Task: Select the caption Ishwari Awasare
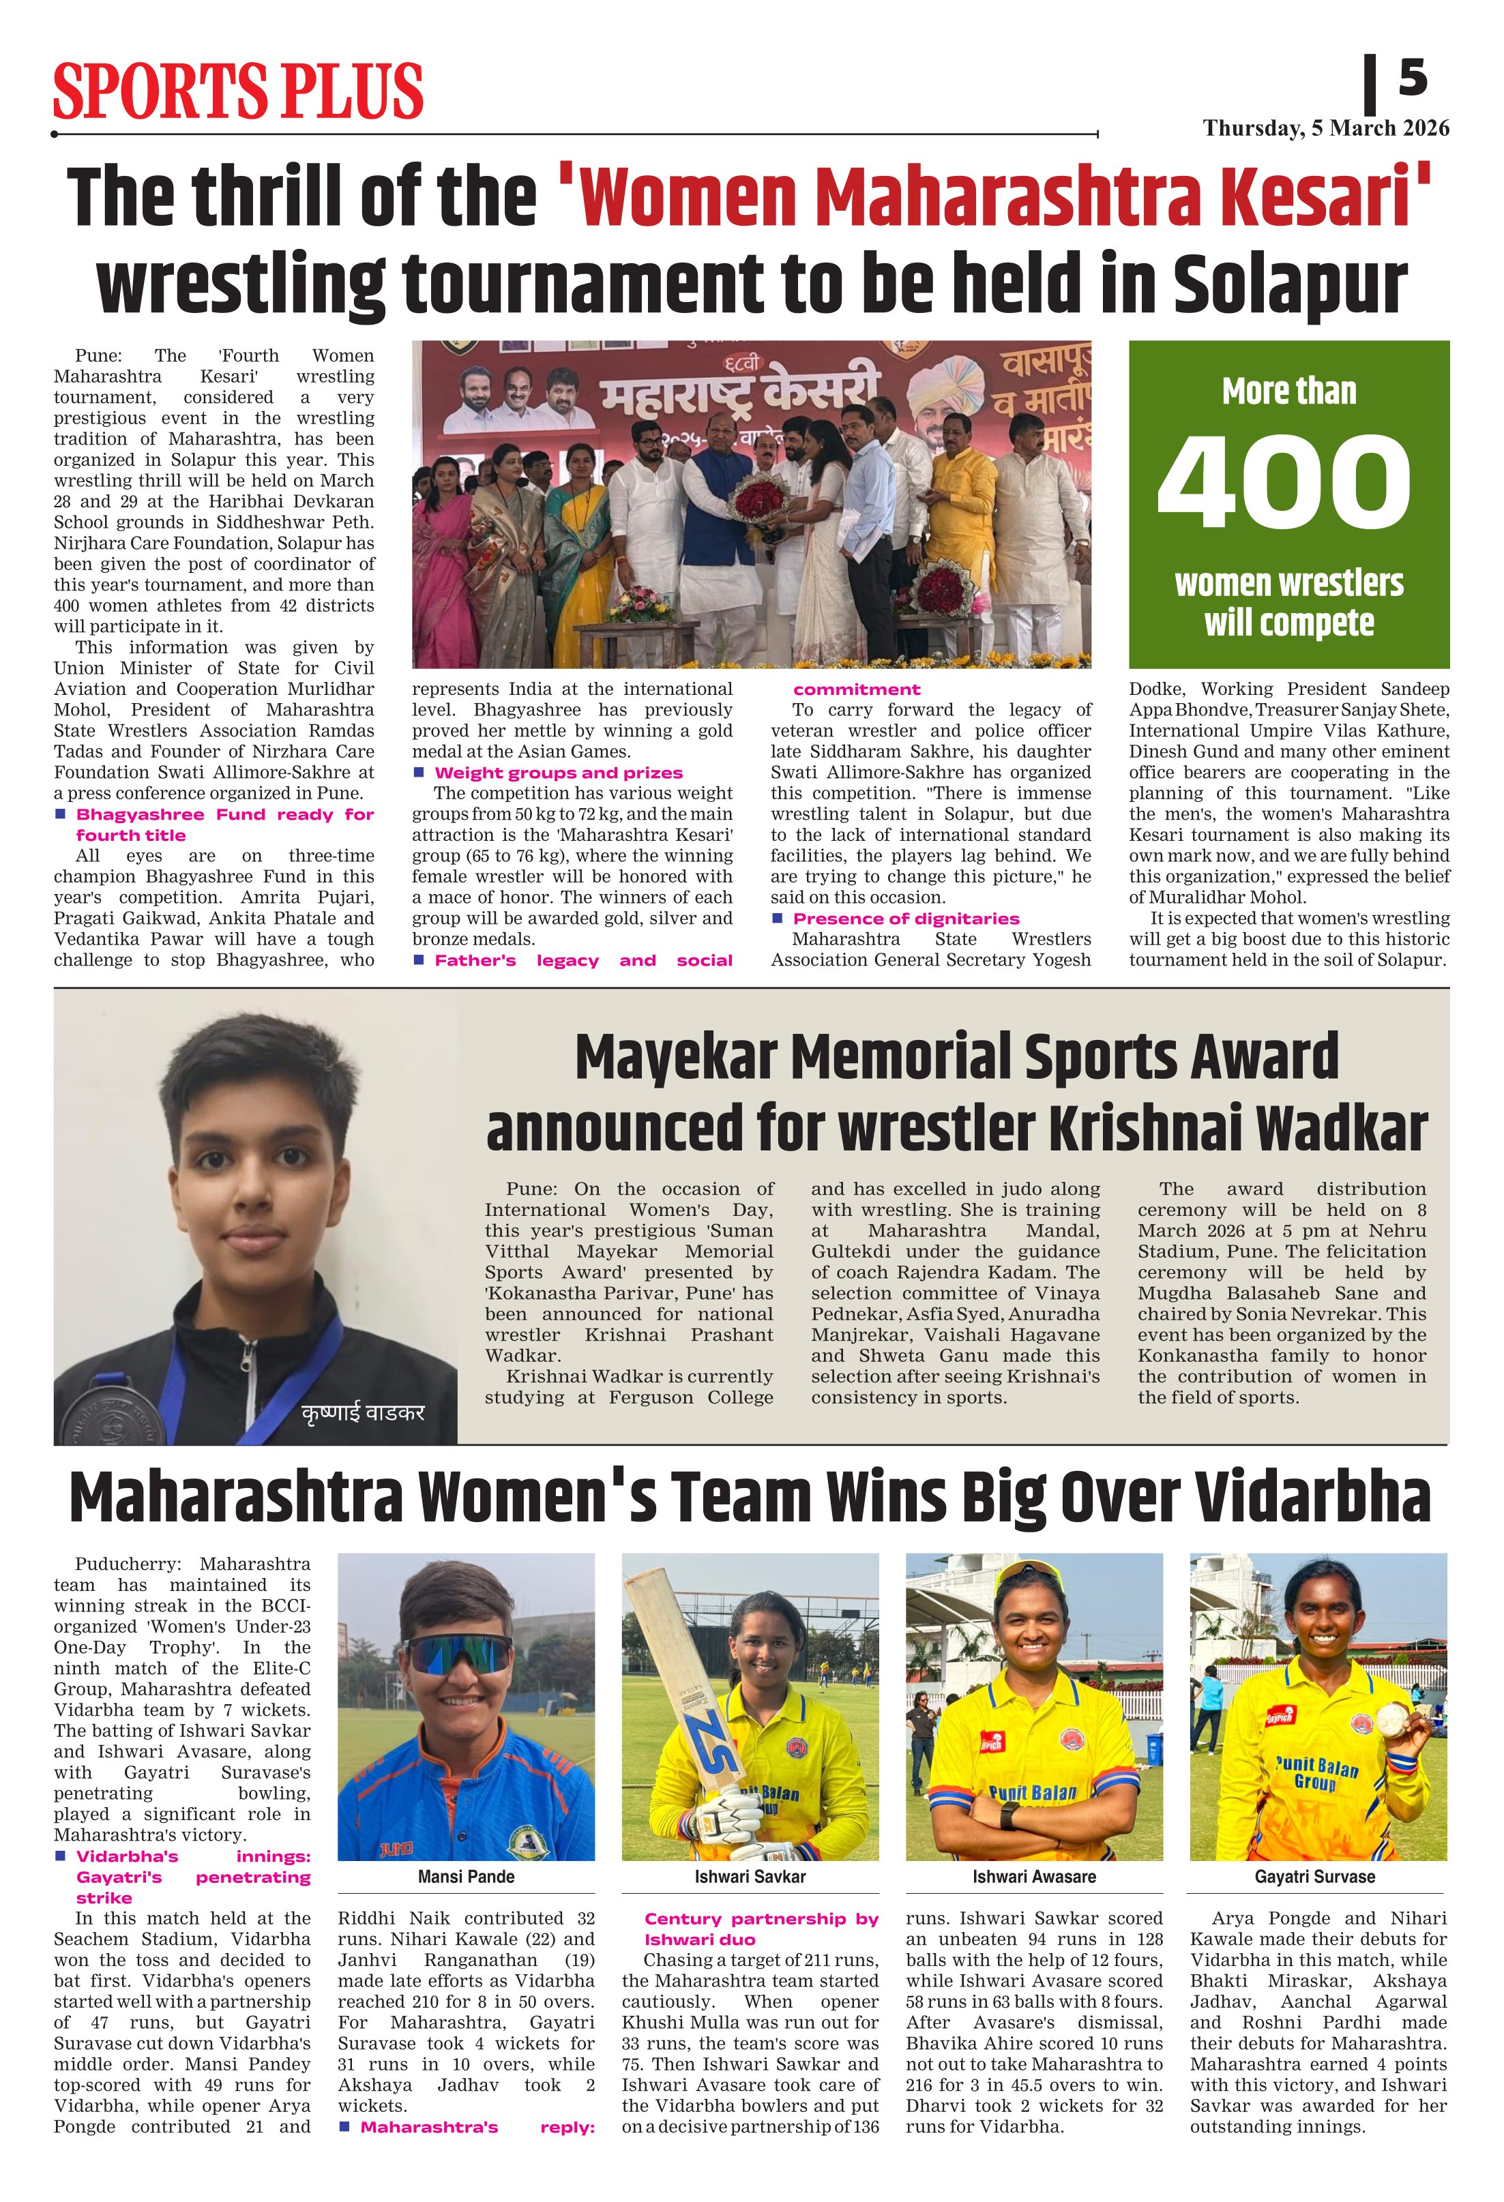point(1033,1876)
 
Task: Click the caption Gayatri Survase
point(1314,1876)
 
